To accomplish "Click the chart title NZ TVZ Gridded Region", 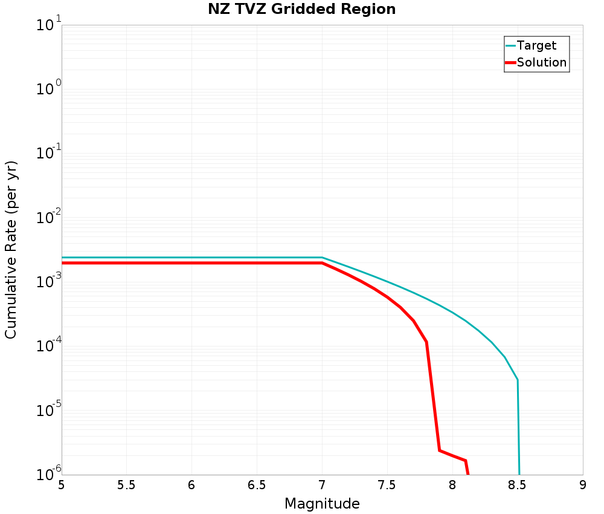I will point(302,10).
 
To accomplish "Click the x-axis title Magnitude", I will point(322,504).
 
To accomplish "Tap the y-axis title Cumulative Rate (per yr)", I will point(11,250).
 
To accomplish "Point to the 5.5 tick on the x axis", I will point(126,485).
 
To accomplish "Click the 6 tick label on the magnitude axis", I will point(191,485).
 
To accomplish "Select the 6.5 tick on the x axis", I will point(257,485).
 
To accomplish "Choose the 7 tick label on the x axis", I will point(322,485).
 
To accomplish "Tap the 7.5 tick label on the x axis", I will point(387,485).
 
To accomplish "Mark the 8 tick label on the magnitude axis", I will point(452,485).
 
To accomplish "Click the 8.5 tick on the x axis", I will point(518,485).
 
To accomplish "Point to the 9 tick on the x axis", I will point(583,485).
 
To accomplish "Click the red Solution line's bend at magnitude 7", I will point(322,263).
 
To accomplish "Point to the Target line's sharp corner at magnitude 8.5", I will point(518,380).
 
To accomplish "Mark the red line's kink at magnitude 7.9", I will point(439,450).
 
